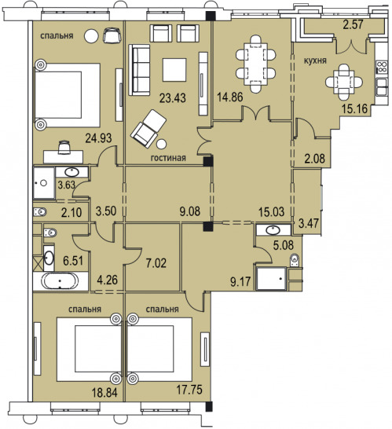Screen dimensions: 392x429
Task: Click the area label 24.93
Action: coord(98,137)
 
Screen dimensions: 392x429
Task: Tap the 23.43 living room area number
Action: coord(173,97)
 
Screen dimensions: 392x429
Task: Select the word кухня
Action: coord(315,60)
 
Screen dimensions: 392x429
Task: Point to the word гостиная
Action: coord(168,158)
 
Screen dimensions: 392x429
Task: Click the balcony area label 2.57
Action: coord(354,24)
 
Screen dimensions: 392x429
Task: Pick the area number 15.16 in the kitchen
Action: coord(354,108)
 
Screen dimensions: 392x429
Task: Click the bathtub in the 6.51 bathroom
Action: coord(60,281)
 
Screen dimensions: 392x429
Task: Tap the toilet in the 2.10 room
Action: coord(40,212)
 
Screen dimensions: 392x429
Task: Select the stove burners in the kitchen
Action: coord(382,67)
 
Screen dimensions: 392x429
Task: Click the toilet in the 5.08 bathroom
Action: coord(295,259)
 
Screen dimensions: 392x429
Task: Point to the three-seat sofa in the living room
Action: coord(139,70)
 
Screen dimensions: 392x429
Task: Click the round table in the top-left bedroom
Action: coord(91,36)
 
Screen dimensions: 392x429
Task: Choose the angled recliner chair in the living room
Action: coord(148,129)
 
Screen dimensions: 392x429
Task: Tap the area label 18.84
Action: coord(104,392)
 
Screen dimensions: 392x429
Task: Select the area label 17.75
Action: coord(189,390)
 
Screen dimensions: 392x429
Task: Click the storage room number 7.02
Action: coord(156,263)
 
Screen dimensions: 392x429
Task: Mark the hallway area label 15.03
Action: coord(271,212)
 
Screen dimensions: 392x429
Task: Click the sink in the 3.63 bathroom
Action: coord(71,172)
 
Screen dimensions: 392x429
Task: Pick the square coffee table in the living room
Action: coord(174,70)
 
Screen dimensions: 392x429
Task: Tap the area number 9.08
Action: coord(189,211)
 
